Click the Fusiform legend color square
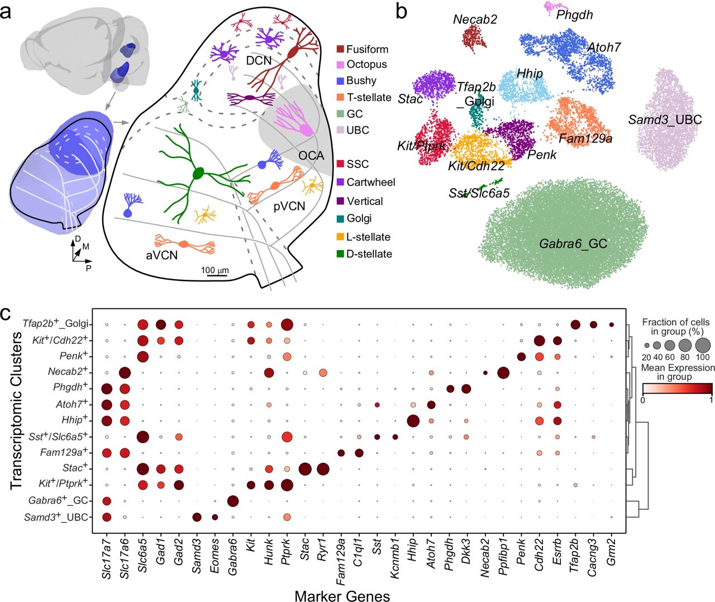pos(340,49)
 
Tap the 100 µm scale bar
pos(214,275)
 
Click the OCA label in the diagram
pos(311,155)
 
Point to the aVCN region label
pos(161,255)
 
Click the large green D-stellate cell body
pos(198,174)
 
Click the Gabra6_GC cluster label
pos(573,244)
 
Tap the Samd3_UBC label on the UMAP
pos(665,120)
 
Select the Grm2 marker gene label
pos(612,550)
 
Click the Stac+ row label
pos(75,468)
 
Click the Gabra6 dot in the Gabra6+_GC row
pos(233,501)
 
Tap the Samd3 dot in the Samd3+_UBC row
pos(197,517)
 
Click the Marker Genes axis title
pos(342,595)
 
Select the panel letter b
pos(401,11)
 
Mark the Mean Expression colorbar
pos(677,389)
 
